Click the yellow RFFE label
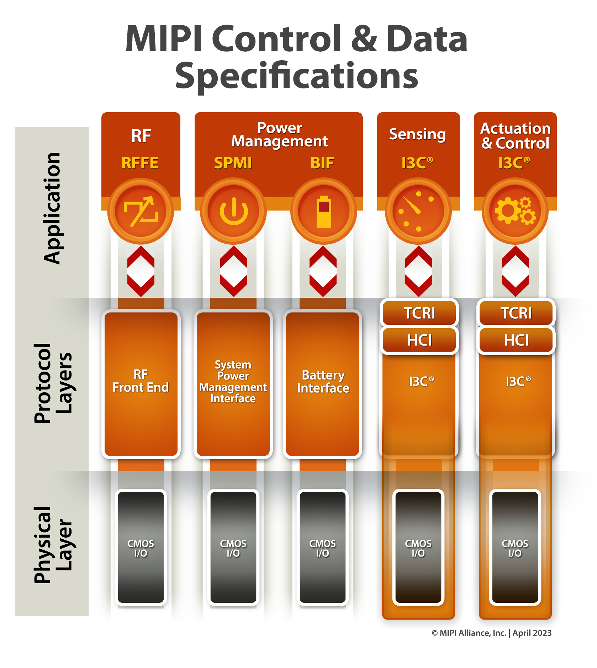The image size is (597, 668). click(x=140, y=163)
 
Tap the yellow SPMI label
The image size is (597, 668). click(x=233, y=163)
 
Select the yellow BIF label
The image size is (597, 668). click(x=322, y=163)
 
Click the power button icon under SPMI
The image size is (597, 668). click(x=233, y=211)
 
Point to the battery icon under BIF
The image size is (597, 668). click(x=324, y=211)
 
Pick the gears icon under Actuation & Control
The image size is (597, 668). click(x=515, y=211)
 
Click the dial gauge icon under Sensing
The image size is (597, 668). click(x=418, y=211)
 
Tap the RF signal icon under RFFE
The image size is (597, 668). click(x=141, y=211)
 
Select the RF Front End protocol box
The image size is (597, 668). click(x=141, y=384)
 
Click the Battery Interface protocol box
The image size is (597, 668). click(x=323, y=384)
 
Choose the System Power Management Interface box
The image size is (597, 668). click(x=233, y=384)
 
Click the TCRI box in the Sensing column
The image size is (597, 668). click(x=419, y=313)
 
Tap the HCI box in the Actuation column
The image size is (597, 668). click(x=516, y=341)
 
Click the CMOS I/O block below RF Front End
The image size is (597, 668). click(x=141, y=548)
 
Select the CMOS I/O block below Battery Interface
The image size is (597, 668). click(x=323, y=548)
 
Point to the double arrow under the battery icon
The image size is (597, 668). click(x=323, y=271)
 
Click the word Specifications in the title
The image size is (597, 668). click(x=296, y=76)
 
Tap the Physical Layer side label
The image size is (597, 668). click(x=52, y=545)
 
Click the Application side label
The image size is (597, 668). click(x=52, y=208)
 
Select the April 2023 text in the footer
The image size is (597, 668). click(x=532, y=633)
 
